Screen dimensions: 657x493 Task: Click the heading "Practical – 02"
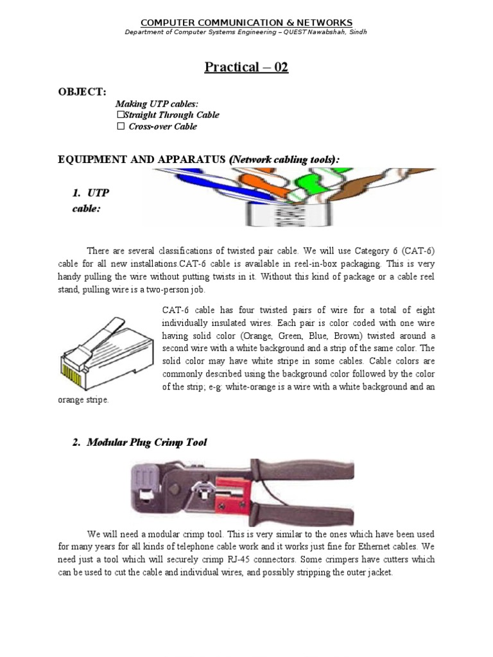246,67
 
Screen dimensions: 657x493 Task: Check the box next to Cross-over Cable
119,126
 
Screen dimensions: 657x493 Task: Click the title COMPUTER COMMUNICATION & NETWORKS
246,22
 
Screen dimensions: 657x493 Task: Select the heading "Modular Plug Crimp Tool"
147,442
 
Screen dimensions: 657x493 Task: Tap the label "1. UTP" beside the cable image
94,192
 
